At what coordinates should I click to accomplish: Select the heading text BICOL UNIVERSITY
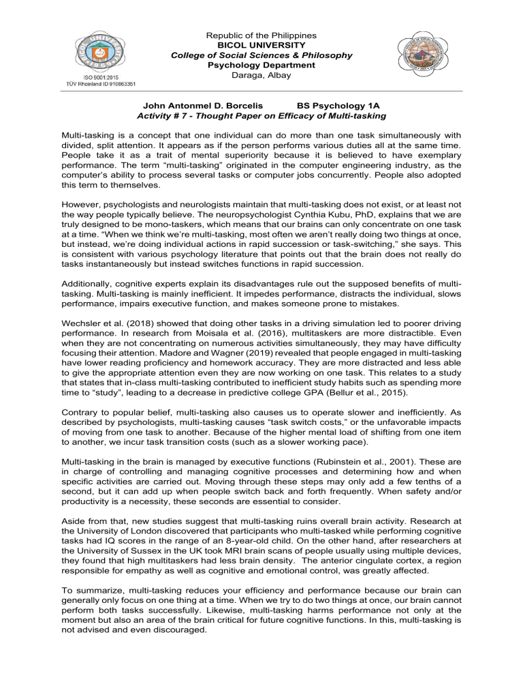[x=261, y=44]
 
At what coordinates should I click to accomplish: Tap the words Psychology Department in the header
[x=261, y=65]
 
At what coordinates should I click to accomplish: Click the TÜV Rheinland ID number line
[x=100, y=84]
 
